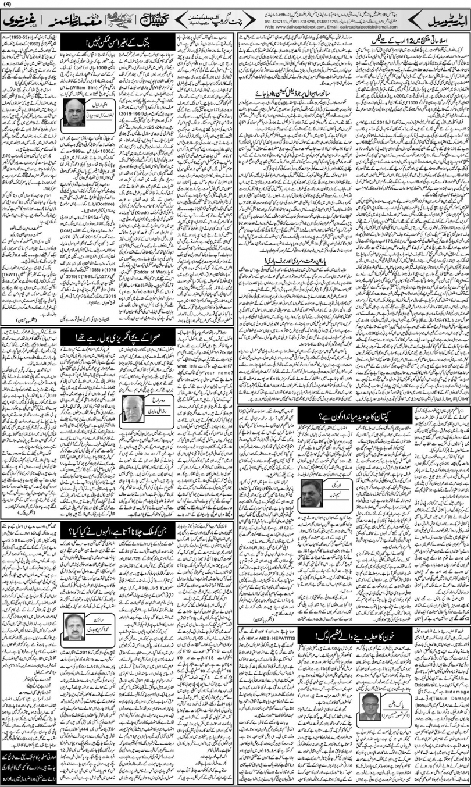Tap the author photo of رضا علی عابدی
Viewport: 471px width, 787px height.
[134, 411]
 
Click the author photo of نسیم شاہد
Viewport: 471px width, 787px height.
[312, 494]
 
